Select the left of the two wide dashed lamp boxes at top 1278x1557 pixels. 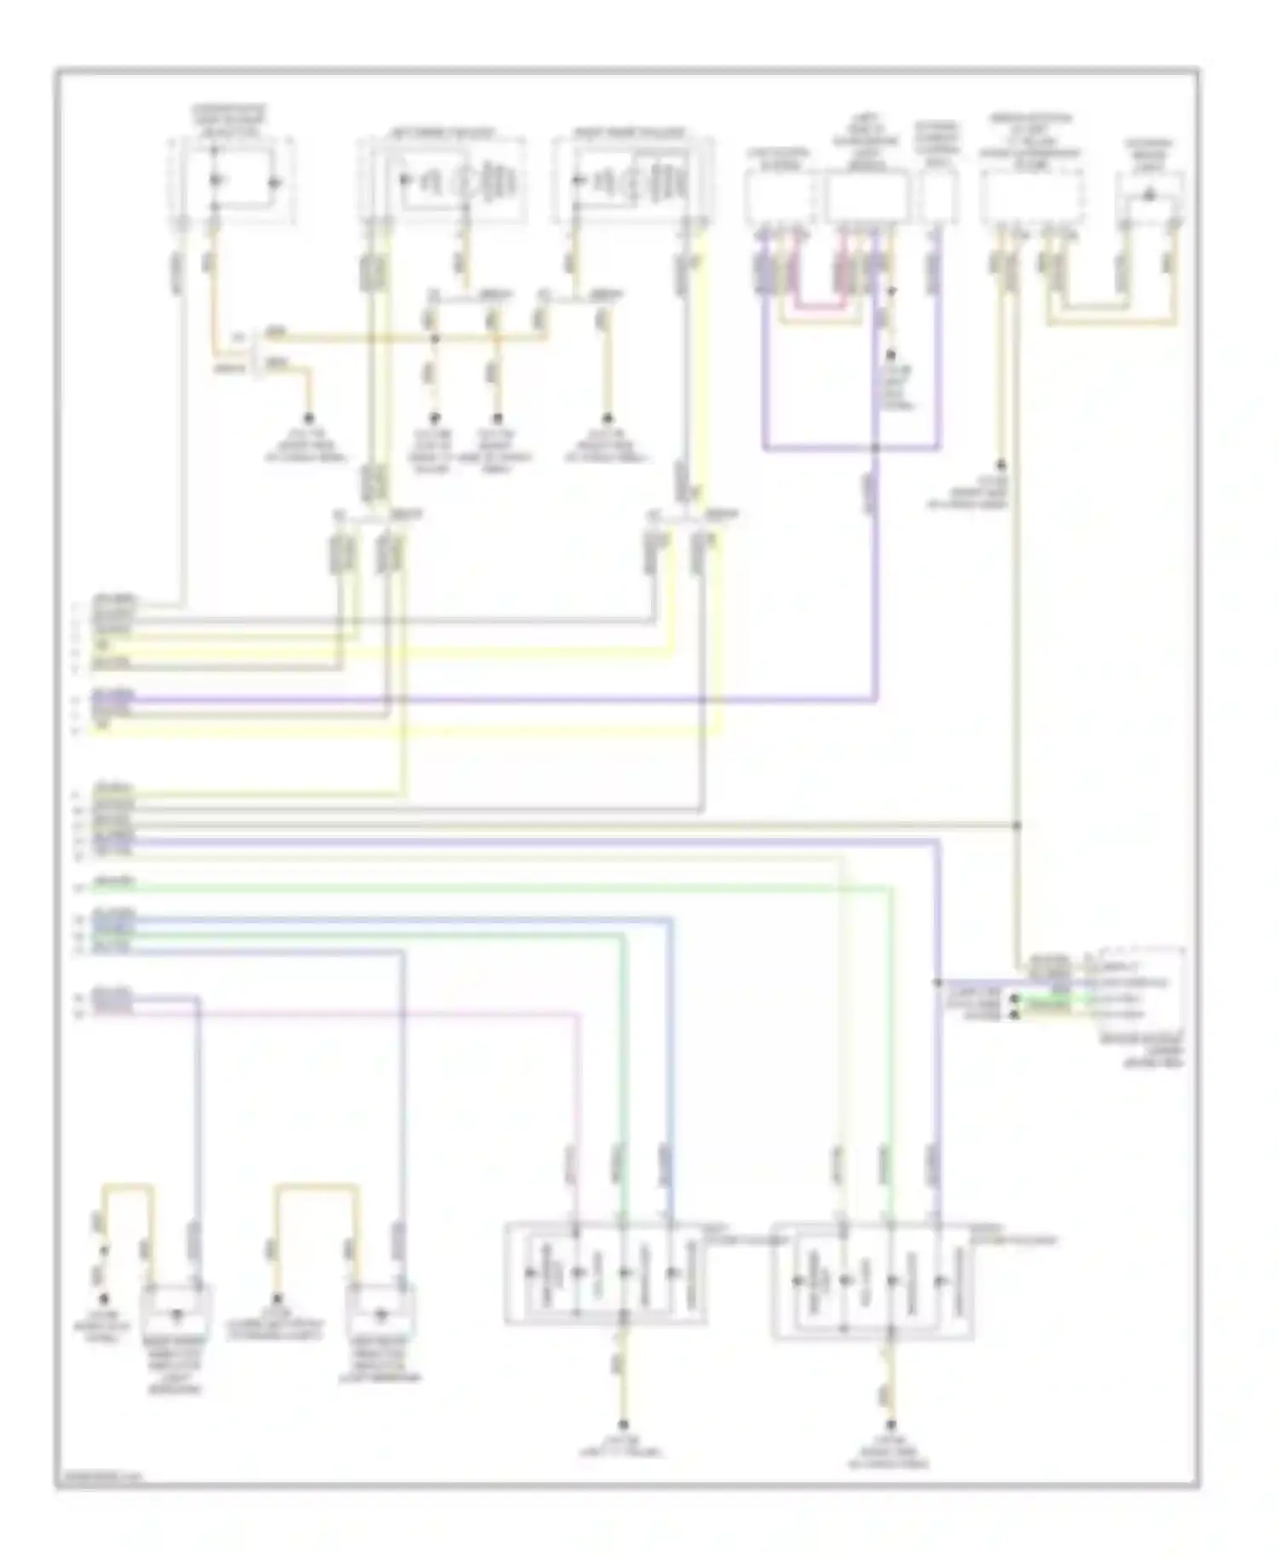pos(441,181)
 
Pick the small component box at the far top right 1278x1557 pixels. pos(1149,198)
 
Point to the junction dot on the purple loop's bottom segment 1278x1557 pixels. pos(877,448)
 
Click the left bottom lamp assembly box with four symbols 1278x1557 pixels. pos(605,1273)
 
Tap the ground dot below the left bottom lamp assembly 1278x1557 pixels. pos(623,1425)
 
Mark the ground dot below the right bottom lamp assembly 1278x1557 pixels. pos(890,1425)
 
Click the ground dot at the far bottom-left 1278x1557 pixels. pos(104,1300)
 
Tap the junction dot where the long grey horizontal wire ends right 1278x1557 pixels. pos(1016,825)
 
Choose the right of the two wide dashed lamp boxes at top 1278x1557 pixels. pos(632,181)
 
